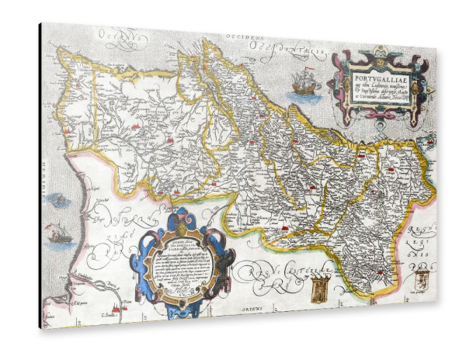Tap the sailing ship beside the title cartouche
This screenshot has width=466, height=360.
coord(303,81)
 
